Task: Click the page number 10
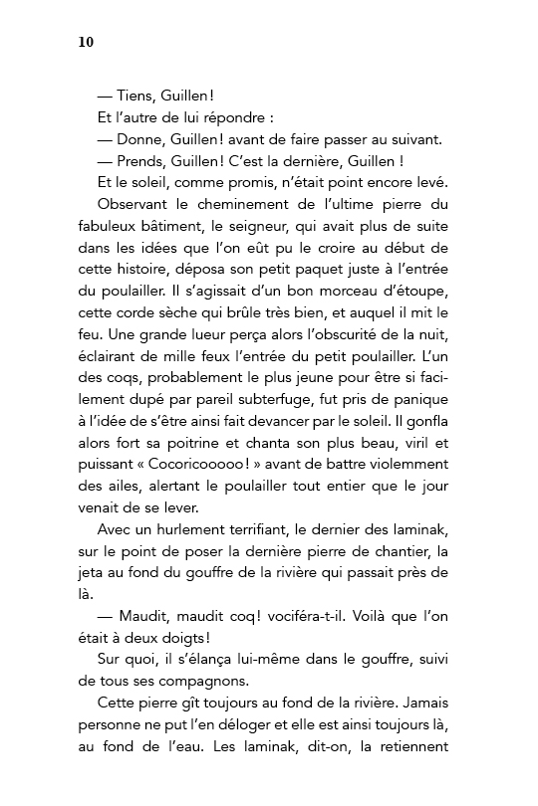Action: [x=85, y=42]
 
